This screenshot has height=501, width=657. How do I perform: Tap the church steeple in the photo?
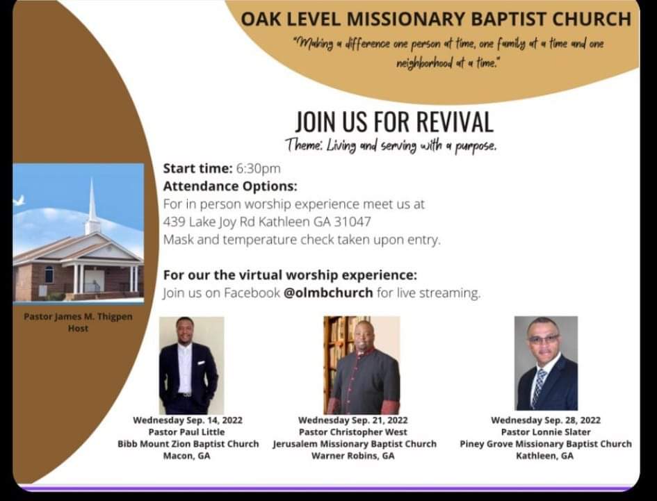(92, 207)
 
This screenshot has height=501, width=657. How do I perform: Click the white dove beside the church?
(19, 200)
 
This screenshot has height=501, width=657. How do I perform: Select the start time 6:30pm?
(259, 168)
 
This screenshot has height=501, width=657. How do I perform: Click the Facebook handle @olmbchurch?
(328, 293)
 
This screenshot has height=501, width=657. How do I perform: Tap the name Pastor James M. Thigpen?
(78, 317)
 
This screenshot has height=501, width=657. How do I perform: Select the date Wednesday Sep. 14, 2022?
(188, 420)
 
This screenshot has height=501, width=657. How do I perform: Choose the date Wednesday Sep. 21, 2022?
(352, 420)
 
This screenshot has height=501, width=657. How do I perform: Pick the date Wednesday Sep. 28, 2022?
(546, 420)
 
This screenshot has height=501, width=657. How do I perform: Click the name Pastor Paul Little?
(187, 432)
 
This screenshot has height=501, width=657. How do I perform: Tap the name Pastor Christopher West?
(352, 432)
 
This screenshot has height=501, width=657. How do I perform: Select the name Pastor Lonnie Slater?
(546, 432)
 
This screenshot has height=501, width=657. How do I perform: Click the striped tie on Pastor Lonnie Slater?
(538, 388)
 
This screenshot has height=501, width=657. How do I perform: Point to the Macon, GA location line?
(187, 456)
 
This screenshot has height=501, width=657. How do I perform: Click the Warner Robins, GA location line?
(352, 456)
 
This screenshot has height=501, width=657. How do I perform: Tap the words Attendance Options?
(230, 186)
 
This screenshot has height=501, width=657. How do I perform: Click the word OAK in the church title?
(261, 19)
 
